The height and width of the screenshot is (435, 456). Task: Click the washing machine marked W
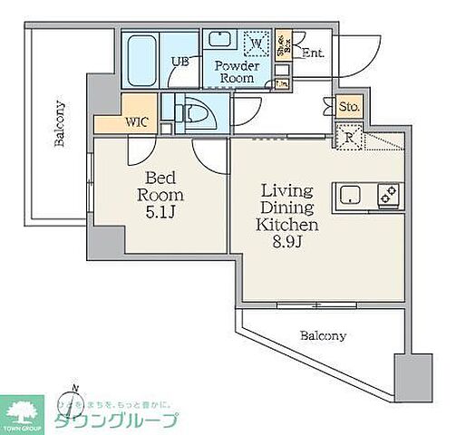coord(256,43)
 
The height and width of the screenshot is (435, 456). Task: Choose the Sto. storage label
coord(349,107)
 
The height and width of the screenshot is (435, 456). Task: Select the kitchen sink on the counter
coord(352,194)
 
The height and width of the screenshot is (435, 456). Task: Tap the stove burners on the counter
coord(388,194)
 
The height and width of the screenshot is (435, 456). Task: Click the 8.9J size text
coord(287,241)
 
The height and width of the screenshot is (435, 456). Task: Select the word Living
coord(287,190)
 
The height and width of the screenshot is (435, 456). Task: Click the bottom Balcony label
coord(322,335)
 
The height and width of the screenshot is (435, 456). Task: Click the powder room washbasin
coord(220,40)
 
